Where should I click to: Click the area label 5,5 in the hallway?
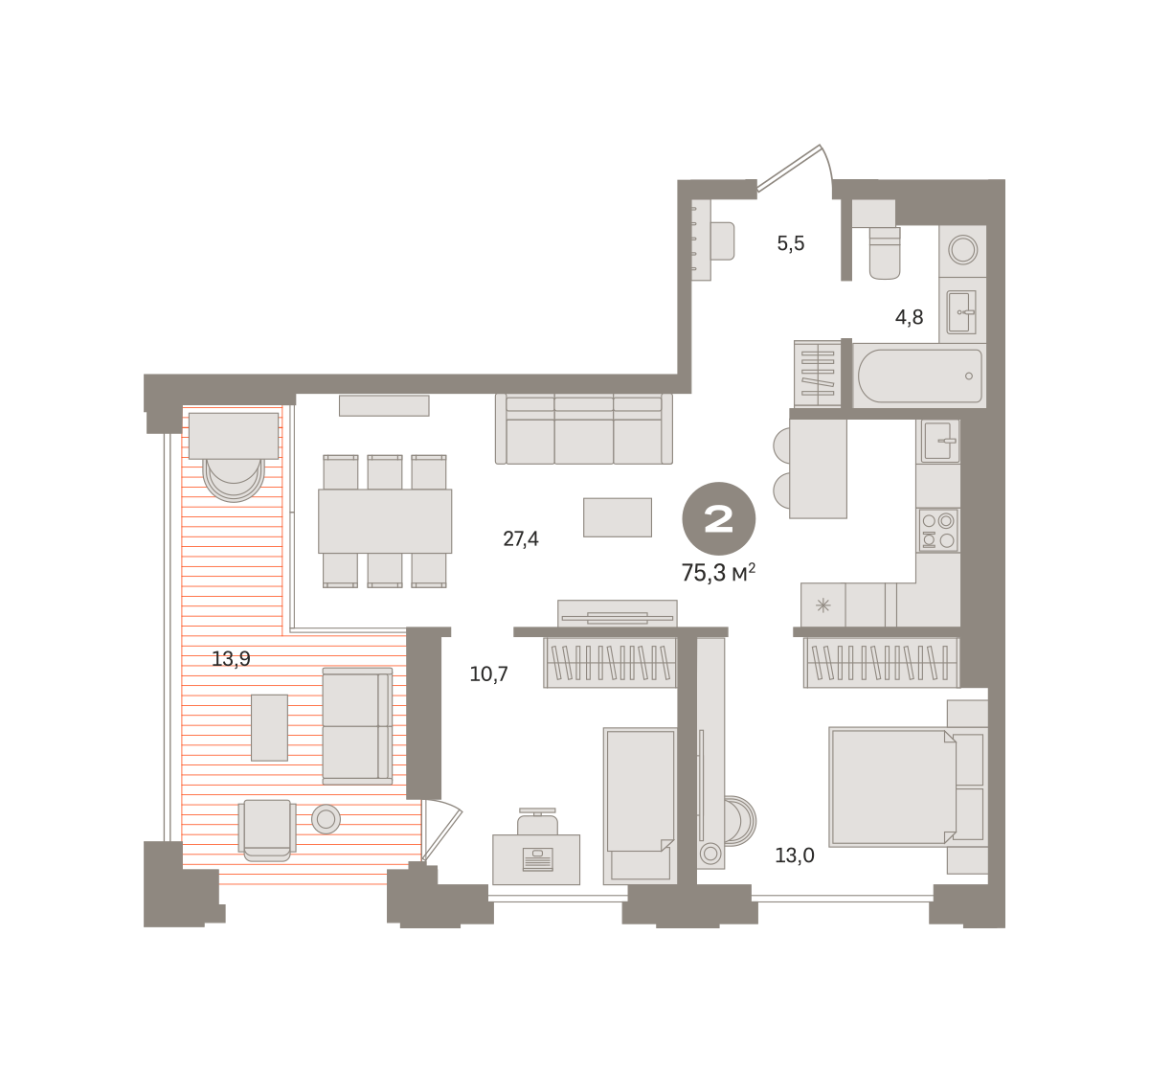pyautogui.click(x=790, y=244)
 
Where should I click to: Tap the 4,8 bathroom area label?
pyautogui.click(x=909, y=317)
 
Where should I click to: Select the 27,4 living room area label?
pyautogui.click(x=521, y=539)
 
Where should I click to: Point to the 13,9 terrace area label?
pyautogui.click(x=231, y=659)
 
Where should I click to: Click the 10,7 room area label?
pyautogui.click(x=489, y=674)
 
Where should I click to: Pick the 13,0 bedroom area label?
pyautogui.click(x=795, y=855)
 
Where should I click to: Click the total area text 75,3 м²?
pyautogui.click(x=718, y=573)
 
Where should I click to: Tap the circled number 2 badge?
pyautogui.click(x=719, y=519)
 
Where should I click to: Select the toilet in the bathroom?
pyautogui.click(x=885, y=253)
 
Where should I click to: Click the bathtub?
pyautogui.click(x=920, y=376)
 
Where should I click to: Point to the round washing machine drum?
pyautogui.click(x=962, y=250)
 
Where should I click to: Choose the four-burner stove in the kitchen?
pyautogui.click(x=937, y=531)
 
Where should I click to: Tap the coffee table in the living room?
pyautogui.click(x=618, y=517)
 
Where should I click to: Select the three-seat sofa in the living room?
pyautogui.click(x=584, y=429)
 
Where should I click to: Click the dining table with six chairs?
pyautogui.click(x=385, y=521)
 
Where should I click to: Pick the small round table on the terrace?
pyautogui.click(x=326, y=819)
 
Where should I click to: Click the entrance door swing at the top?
pyautogui.click(x=796, y=166)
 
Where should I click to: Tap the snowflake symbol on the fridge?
pyautogui.click(x=822, y=605)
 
